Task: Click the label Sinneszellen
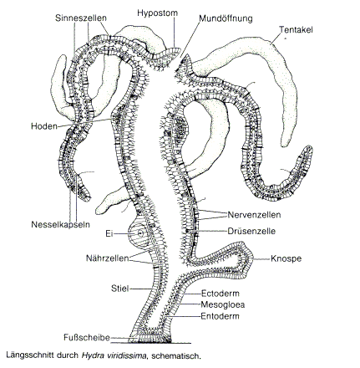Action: [x=81, y=18]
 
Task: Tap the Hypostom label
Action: [x=157, y=13]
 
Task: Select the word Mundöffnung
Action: [x=226, y=18]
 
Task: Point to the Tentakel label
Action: [x=296, y=29]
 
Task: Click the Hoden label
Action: [x=44, y=126]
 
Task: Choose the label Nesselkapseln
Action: [x=60, y=224]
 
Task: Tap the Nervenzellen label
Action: [x=254, y=215]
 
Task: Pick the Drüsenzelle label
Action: [x=251, y=231]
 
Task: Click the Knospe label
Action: [x=286, y=258]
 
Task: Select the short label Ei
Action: [x=109, y=233]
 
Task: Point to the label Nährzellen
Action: [x=108, y=258]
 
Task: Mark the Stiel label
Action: [x=120, y=289]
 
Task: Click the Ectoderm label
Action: [x=220, y=294]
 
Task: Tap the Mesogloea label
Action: [x=223, y=304]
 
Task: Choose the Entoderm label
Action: [x=220, y=316]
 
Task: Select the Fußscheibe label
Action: [x=87, y=338]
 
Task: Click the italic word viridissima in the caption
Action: [x=127, y=355]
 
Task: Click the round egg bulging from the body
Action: [x=139, y=233]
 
